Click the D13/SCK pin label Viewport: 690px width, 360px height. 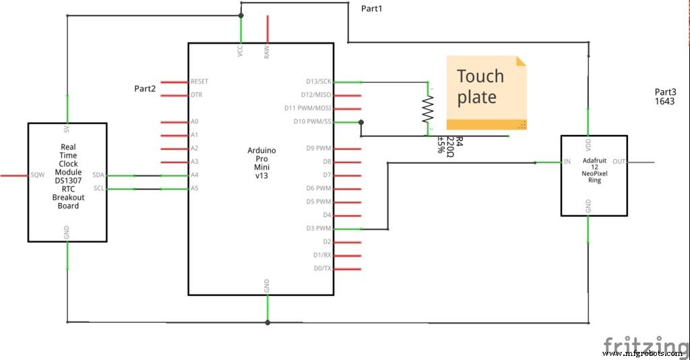coord(318,82)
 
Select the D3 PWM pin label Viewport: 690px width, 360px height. coord(318,229)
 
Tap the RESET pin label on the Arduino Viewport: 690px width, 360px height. coord(199,82)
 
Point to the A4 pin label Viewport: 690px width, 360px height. coord(194,175)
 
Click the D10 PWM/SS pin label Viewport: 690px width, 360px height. coord(313,122)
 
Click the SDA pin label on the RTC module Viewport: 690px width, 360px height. coord(98,175)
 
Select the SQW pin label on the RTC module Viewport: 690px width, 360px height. coord(37,175)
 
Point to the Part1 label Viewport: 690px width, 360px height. coord(371,8)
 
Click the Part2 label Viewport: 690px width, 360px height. coord(145,88)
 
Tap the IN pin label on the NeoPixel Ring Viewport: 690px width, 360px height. coord(567,162)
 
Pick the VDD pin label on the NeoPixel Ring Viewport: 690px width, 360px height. coord(589,144)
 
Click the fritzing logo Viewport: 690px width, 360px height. coord(645,344)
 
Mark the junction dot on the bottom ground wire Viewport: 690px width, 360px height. coord(268,322)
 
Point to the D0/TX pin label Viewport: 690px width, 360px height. coord(322,269)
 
